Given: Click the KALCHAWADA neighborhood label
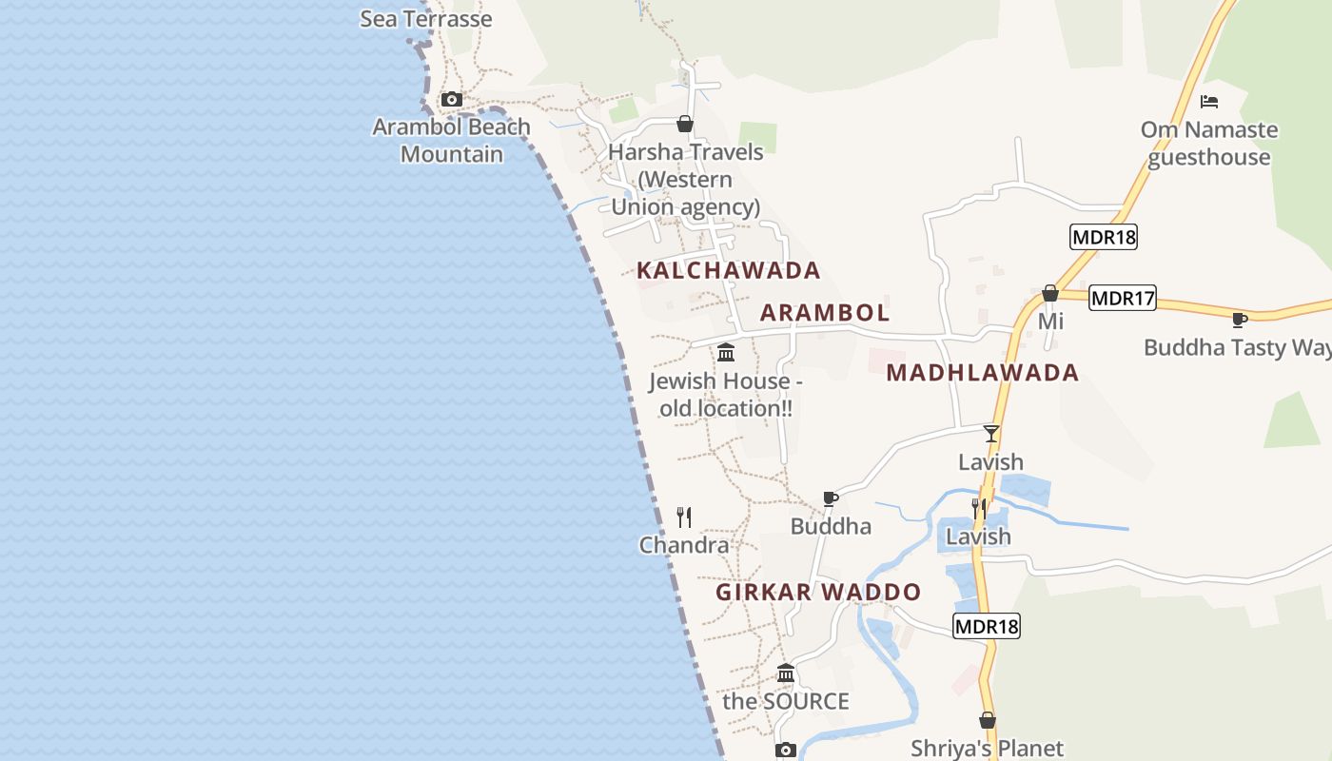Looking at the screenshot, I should pyautogui.click(x=728, y=270).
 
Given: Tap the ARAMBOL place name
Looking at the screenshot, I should pyautogui.click(x=825, y=312).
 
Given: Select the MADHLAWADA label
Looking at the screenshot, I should pyautogui.click(x=982, y=373).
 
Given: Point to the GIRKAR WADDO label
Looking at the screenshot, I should pyautogui.click(x=818, y=592).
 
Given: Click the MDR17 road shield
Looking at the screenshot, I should pyautogui.click(x=1123, y=298).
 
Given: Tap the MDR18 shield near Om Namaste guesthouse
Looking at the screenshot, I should pyautogui.click(x=1104, y=237).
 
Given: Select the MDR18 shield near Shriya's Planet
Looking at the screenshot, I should pyautogui.click(x=986, y=626).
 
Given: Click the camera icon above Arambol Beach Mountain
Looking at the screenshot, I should pyautogui.click(x=452, y=99).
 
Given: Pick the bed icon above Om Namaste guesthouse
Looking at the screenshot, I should pyautogui.click(x=1209, y=102).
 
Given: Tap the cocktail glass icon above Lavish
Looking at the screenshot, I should pyautogui.click(x=991, y=434).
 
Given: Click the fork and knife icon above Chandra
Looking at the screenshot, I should pyautogui.click(x=684, y=517).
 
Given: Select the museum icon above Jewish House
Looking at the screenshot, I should pyautogui.click(x=726, y=353).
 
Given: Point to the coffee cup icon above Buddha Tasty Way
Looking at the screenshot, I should pyautogui.click(x=1239, y=320).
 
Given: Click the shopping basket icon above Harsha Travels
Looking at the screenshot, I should pyautogui.click(x=684, y=124).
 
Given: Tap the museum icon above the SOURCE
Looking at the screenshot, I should pyautogui.click(x=786, y=673).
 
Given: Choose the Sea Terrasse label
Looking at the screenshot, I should pyautogui.click(x=425, y=18).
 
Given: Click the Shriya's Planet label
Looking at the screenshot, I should pyautogui.click(x=987, y=749).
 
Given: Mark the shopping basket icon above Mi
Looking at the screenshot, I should pyautogui.click(x=1050, y=293).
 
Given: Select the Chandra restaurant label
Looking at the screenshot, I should pyautogui.click(x=684, y=545).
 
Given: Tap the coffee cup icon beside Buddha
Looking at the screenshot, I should pyautogui.click(x=831, y=498).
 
